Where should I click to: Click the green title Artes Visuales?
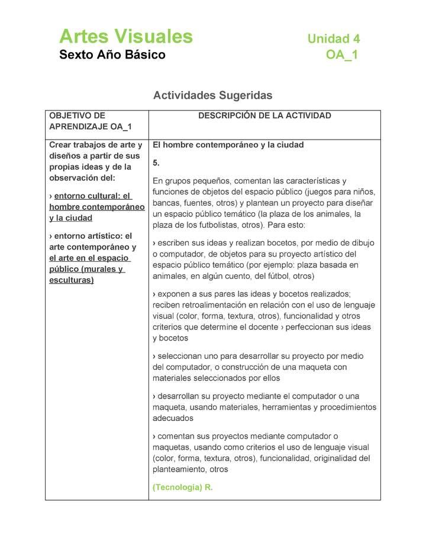126,37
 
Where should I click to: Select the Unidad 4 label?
333,39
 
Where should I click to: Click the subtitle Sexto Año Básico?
112,56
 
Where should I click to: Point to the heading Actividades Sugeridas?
212,95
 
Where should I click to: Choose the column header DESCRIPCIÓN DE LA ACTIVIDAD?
264,116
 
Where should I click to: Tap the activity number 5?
156,162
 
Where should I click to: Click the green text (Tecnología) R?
182,488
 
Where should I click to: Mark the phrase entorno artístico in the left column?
87,236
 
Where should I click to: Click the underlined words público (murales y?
86,270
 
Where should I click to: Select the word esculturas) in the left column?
71,280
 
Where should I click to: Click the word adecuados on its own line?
173,418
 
